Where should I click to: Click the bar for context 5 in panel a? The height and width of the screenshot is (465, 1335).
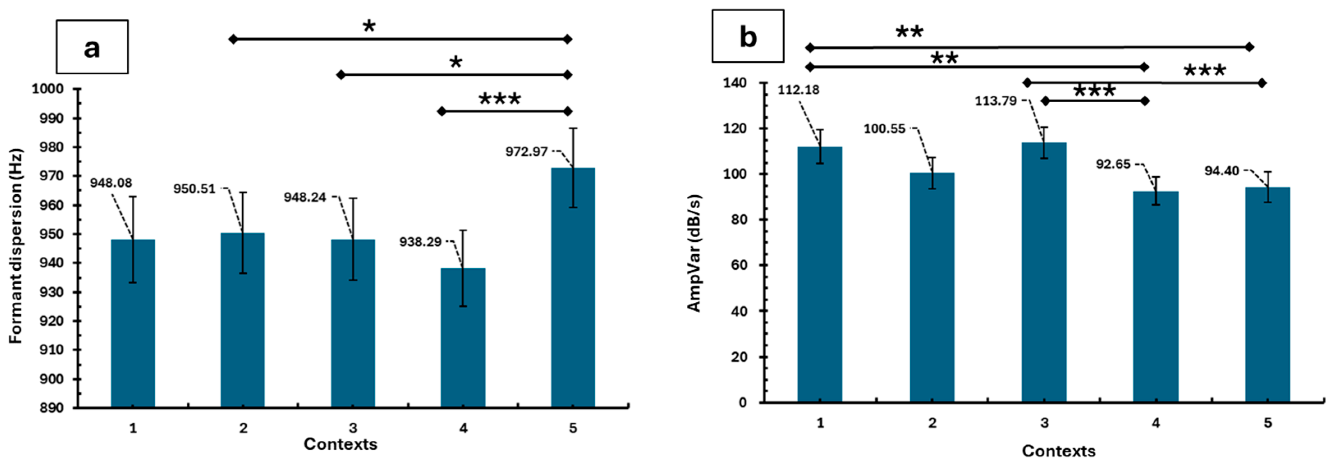click(x=573, y=288)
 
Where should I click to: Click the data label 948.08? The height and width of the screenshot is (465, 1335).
click(x=111, y=183)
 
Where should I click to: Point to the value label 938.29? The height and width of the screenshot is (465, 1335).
click(x=420, y=242)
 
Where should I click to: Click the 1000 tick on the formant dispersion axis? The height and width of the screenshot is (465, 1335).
click(x=48, y=89)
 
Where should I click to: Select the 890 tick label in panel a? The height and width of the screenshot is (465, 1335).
click(x=52, y=408)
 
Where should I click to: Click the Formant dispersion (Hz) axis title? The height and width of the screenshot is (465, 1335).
click(x=16, y=246)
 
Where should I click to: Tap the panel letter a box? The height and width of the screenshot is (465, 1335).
click(x=92, y=47)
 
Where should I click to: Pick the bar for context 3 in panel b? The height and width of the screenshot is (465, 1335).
click(x=1044, y=272)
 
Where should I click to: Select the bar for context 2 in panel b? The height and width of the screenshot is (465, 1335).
click(x=932, y=288)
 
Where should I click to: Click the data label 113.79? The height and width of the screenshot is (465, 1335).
click(x=996, y=101)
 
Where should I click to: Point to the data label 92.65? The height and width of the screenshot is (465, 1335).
click(x=1112, y=164)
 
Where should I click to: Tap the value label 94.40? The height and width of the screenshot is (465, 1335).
click(x=1222, y=171)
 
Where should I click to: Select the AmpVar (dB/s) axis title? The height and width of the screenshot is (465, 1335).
click(x=693, y=253)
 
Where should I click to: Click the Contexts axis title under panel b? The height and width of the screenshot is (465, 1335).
click(x=1059, y=451)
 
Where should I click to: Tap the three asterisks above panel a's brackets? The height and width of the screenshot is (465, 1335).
click(x=500, y=99)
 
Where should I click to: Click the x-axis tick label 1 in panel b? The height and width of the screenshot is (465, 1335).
click(x=820, y=423)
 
